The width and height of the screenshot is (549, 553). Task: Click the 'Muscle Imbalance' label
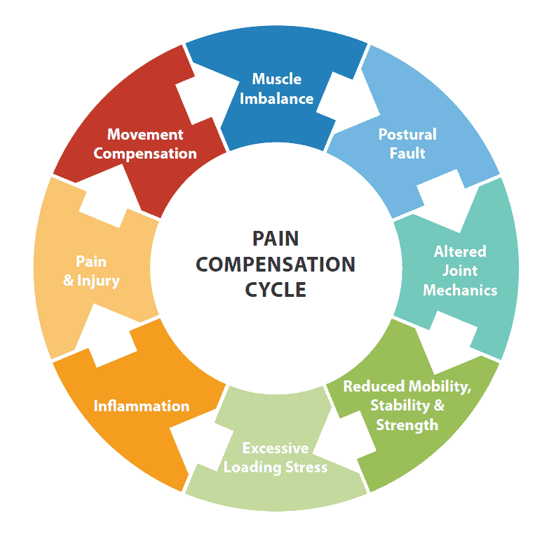276,88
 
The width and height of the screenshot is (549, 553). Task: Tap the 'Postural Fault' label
407,143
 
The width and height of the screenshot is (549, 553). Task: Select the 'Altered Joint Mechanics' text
460,270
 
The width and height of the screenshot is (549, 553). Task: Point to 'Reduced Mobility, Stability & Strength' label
407,405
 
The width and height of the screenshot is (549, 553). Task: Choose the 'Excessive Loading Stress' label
276,457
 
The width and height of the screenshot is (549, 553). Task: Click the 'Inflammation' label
142,406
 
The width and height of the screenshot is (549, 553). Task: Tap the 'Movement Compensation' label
145,143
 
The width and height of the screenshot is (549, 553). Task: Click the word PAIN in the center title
275,239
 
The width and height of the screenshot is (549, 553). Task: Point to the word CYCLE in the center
275,289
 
